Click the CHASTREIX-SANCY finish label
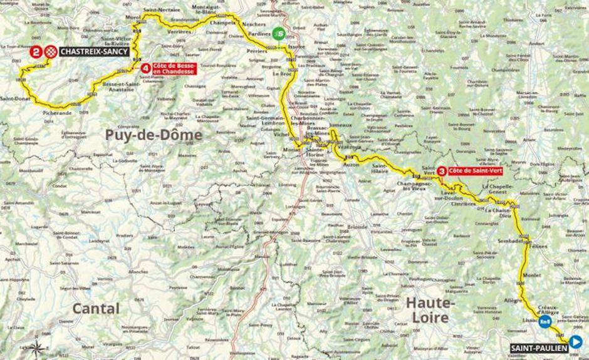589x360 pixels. (95, 51)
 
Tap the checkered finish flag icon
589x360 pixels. (51, 51)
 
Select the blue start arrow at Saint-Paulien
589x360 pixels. (575, 342)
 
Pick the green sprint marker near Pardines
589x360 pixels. (279, 34)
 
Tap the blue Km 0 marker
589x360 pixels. (545, 322)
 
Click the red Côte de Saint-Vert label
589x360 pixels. (472, 170)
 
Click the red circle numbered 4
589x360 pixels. (145, 68)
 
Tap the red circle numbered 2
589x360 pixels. (38, 51)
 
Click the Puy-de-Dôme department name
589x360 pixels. (154, 135)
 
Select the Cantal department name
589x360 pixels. (95, 308)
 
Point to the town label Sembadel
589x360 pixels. (510, 240)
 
